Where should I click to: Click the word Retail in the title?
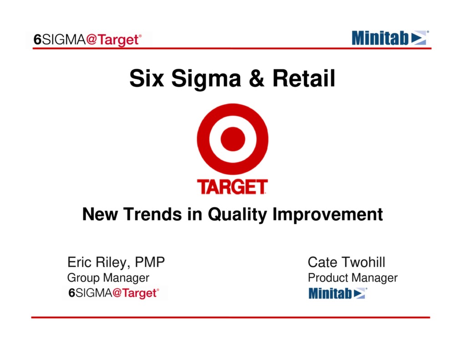304,79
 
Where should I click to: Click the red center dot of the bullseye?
233,139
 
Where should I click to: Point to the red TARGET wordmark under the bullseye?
232,187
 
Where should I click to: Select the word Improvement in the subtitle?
327,214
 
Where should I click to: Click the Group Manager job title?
108,278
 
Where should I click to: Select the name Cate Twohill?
346,262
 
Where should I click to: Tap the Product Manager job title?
353,278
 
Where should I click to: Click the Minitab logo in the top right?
390,38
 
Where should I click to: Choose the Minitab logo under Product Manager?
338,294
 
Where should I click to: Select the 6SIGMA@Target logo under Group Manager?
114,293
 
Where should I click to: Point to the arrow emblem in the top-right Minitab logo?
420,38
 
